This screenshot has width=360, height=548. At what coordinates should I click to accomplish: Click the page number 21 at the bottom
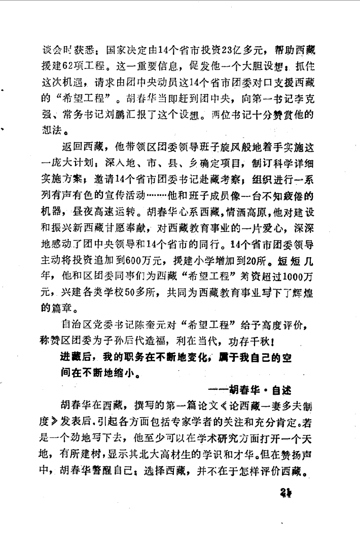[x=286, y=493]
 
